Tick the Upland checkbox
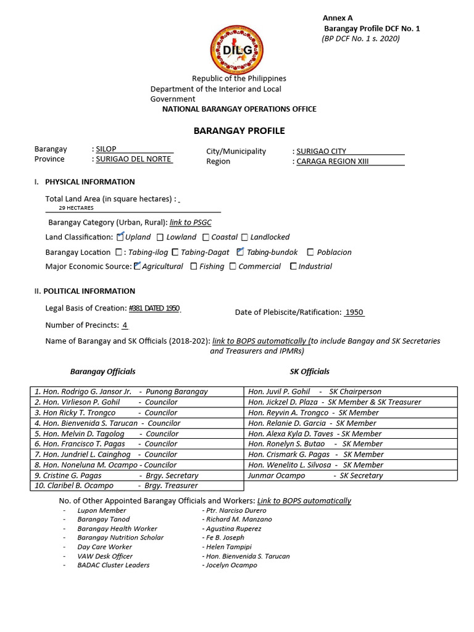120,236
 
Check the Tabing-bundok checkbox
240,252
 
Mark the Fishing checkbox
194,267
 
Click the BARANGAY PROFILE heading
239,131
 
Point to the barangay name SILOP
106,149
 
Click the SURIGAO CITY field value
321,151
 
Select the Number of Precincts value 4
125,325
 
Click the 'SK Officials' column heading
309,372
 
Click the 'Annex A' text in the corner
338,18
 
